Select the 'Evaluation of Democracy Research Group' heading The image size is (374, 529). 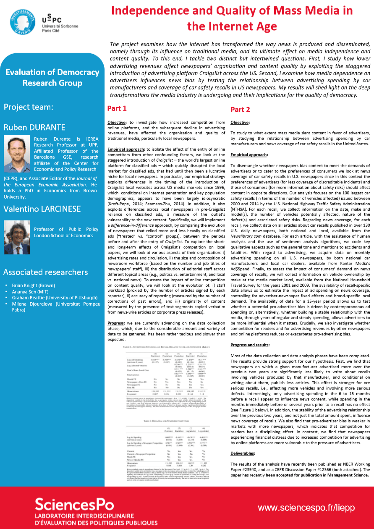click(52, 77)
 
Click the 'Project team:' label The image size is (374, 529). click(29, 107)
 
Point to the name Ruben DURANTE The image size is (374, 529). click(34, 127)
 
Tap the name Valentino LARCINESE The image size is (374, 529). click(42, 209)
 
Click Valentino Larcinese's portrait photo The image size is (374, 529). click(16, 232)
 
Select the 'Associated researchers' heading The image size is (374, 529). click(46, 272)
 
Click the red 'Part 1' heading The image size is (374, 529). click(117, 109)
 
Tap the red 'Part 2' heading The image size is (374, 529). click(240, 110)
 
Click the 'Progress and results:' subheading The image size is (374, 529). click(250, 345)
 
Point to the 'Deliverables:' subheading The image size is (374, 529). click(243, 453)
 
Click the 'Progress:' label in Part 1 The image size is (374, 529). click(119, 323)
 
